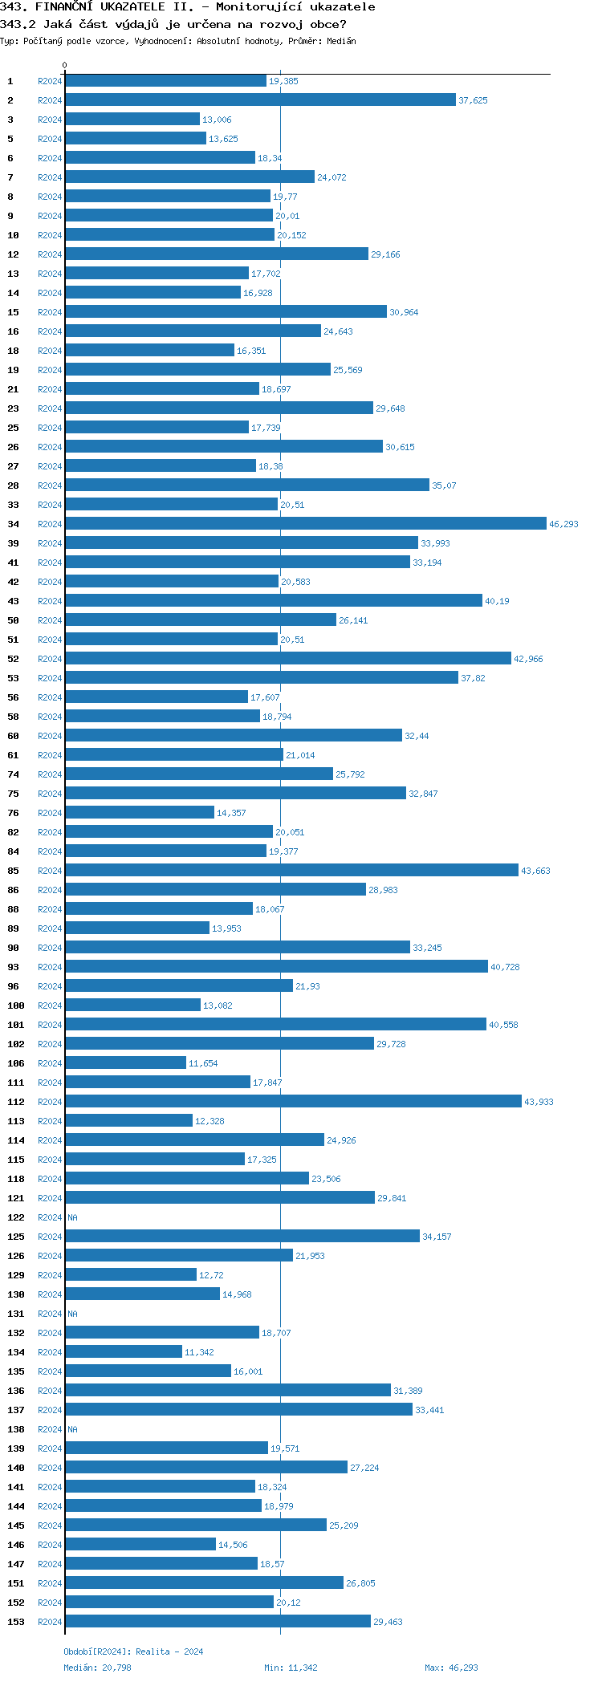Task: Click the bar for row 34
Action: coord(305,524)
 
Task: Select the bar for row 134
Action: coord(124,1352)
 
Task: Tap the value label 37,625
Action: coord(473,101)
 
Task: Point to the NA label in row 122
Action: coord(72,1217)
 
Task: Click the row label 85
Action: coord(13,871)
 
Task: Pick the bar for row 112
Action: coord(293,1102)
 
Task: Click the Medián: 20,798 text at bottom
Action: coord(97,1668)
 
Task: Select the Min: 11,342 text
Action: coord(291,1668)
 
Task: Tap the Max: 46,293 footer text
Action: coord(451,1668)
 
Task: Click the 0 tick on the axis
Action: coord(65,66)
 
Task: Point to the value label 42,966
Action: coord(528,660)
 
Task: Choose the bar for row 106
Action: coord(125,1063)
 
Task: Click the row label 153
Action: coord(15,1622)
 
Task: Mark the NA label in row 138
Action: coord(72,1429)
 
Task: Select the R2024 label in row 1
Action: coord(50,81)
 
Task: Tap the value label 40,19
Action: coord(497,602)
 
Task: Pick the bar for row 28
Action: coord(247,486)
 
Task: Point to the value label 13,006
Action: coord(217,120)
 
